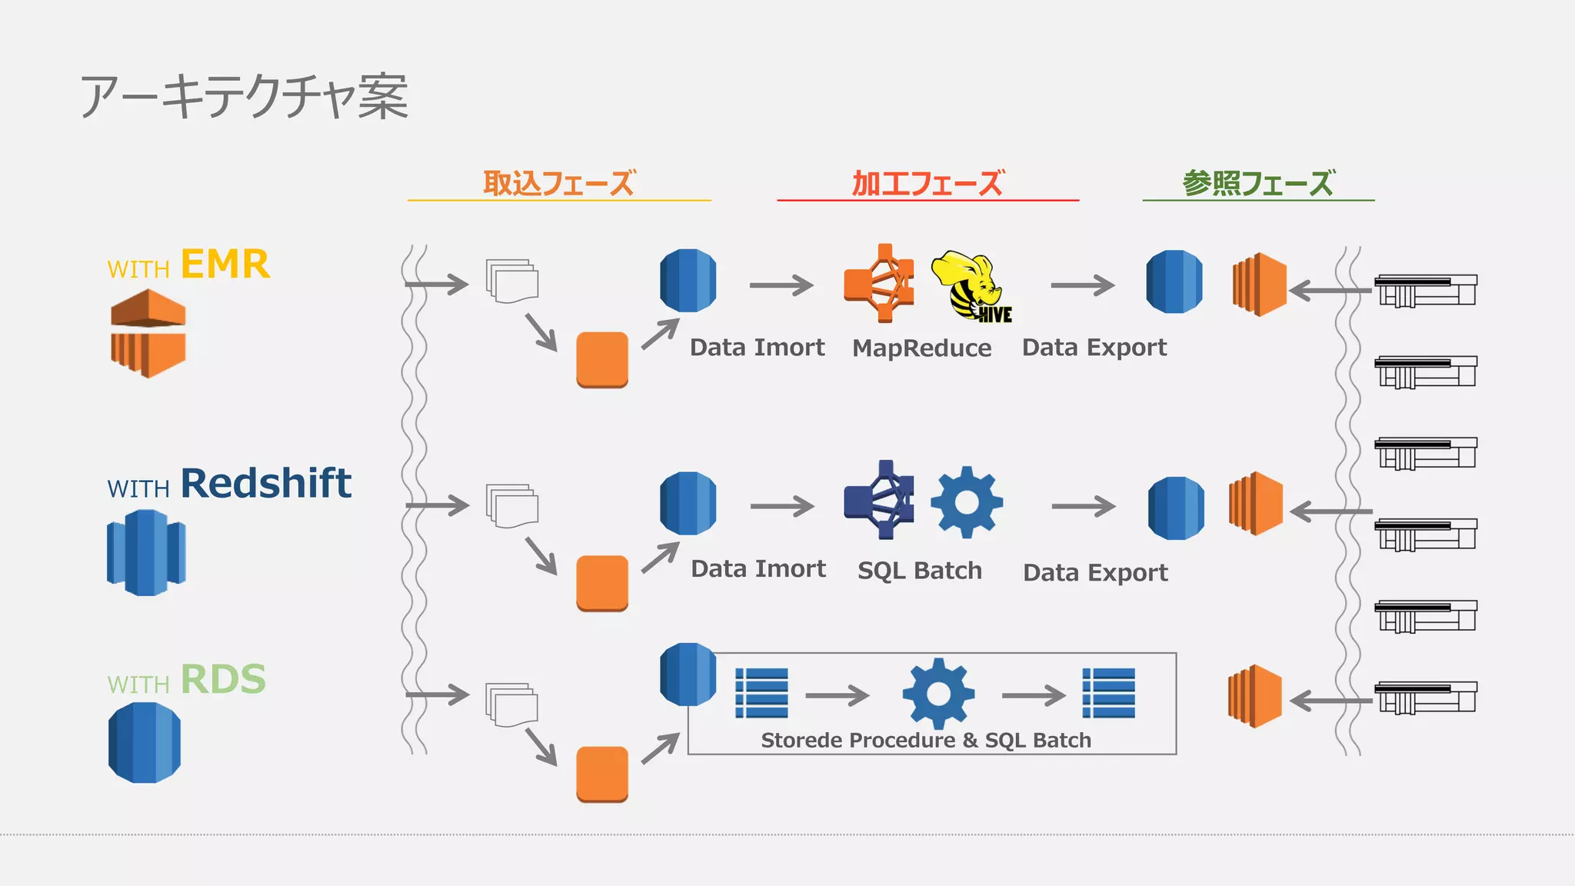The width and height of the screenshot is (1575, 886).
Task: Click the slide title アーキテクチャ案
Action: click(245, 97)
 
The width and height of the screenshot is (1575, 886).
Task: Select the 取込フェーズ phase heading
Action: click(559, 183)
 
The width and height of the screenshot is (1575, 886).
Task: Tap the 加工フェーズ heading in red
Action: click(927, 183)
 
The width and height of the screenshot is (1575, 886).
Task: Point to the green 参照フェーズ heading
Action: click(1258, 183)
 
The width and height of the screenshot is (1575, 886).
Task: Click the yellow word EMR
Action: click(225, 265)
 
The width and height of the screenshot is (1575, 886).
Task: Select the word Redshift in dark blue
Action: click(266, 484)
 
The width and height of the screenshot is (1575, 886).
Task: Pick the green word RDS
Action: click(223, 680)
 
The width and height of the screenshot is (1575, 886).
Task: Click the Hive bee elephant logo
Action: click(971, 286)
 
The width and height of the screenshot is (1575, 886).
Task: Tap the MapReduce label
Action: click(921, 348)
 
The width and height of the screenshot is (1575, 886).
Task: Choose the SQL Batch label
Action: click(920, 571)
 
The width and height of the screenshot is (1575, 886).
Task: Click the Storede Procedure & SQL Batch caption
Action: click(926, 740)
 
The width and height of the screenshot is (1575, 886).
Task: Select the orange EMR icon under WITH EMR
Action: click(148, 333)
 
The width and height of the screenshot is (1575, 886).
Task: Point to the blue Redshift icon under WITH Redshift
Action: click(146, 553)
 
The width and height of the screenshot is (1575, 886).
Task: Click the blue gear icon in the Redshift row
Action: click(967, 502)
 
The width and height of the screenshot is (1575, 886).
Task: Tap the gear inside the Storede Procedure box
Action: click(938, 693)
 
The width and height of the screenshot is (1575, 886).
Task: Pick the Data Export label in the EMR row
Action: click(1094, 348)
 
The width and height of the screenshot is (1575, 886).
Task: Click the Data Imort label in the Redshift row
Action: click(758, 569)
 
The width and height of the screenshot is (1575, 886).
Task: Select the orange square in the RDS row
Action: click(602, 774)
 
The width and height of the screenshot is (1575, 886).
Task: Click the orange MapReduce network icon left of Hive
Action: click(880, 284)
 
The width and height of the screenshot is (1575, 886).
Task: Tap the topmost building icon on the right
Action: click(1425, 291)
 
